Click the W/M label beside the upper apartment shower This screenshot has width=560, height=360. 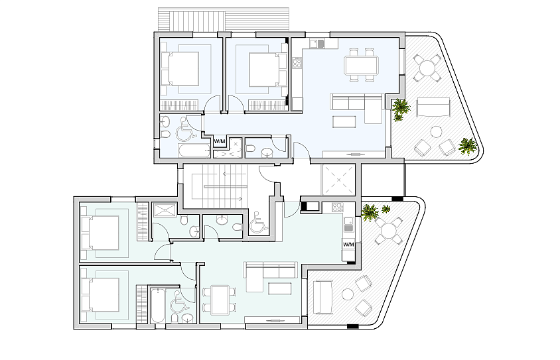pyautogui.click(x=220, y=142)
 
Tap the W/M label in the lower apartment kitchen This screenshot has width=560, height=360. pyautogui.click(x=348, y=245)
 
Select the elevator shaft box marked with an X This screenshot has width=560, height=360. pyautogui.click(x=338, y=180)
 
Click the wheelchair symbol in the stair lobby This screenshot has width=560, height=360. pyautogui.click(x=258, y=223)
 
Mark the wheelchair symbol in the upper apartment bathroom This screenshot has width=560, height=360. pyautogui.click(x=186, y=129)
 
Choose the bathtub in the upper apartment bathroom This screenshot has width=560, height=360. pyautogui.click(x=194, y=151)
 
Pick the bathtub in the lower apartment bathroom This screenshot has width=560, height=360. pyautogui.click(x=158, y=306)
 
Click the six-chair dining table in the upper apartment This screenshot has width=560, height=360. pyautogui.click(x=361, y=65)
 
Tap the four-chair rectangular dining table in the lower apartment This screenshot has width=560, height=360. pyautogui.click(x=220, y=300)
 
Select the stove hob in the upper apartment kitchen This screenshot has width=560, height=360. pyautogui.click(x=297, y=63)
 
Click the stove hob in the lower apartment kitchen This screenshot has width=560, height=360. pyautogui.click(x=337, y=208)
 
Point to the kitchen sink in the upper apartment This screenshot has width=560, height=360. pyautogui.click(x=317, y=44)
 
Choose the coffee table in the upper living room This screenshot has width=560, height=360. pyautogui.click(x=344, y=122)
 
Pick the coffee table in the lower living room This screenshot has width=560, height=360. pyautogui.click(x=280, y=288)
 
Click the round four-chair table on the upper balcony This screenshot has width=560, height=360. pyautogui.click(x=427, y=67)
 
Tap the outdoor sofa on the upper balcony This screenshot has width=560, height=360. pyautogui.click(x=433, y=107)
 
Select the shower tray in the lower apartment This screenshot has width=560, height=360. pyautogui.click(x=165, y=210)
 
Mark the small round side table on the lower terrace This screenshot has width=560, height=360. pyautogui.click(x=348, y=294)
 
